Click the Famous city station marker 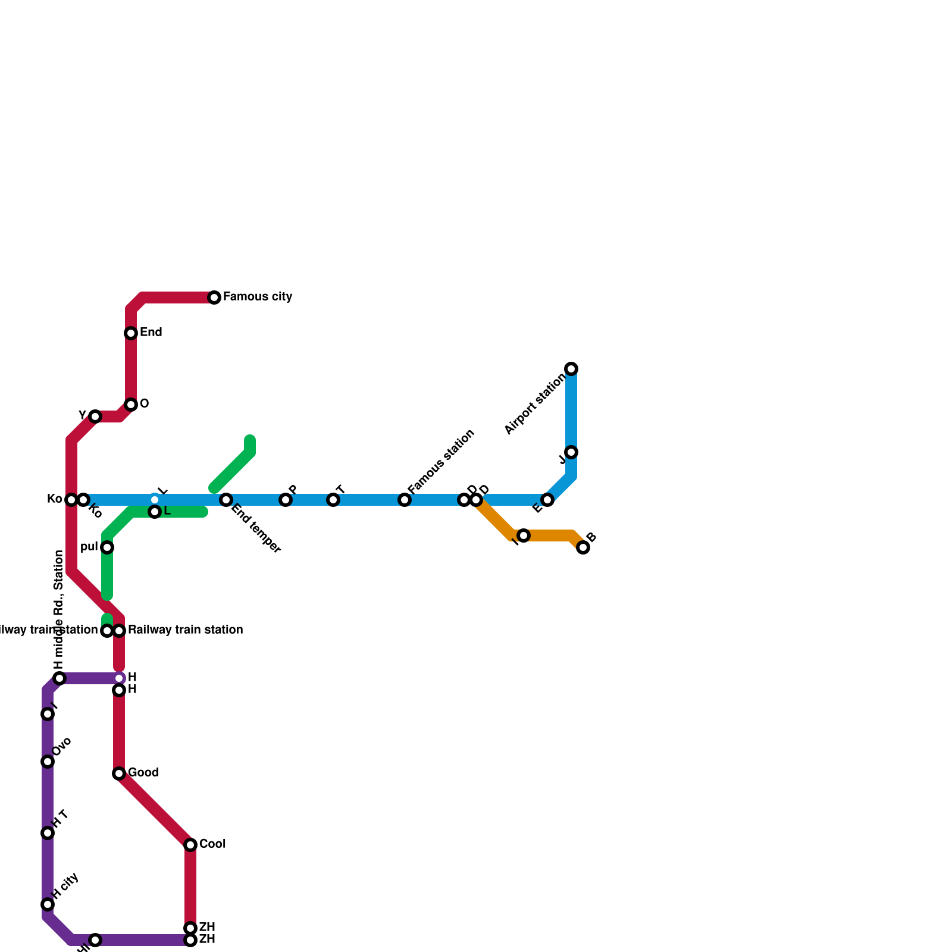tap(214, 297)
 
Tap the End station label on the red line tap(151, 333)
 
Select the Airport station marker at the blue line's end tap(571, 369)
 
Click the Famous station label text tap(441, 461)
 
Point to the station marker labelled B tap(583, 547)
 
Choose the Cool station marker tap(190, 845)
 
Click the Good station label tap(143, 773)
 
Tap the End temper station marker tap(226, 500)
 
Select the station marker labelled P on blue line tap(286, 500)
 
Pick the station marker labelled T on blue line tap(333, 500)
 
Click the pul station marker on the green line tap(107, 547)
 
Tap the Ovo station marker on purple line tap(48, 762)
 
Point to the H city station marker tap(48, 904)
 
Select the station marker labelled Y tap(95, 416)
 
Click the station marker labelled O tap(131, 405)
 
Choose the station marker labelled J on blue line tap(571, 452)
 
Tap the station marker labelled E tap(547, 500)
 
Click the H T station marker tap(48, 833)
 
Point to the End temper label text tap(256, 529)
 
